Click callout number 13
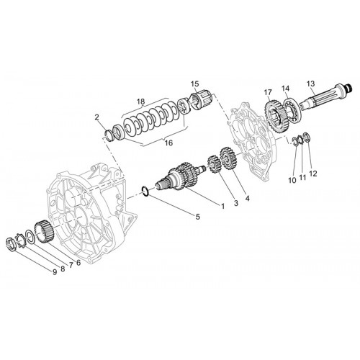[x=310, y=84]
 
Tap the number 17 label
[x=268, y=92]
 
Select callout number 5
[x=197, y=217]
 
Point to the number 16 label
[x=168, y=143]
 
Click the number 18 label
[x=141, y=102]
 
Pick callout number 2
[x=96, y=117]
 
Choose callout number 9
[x=55, y=272]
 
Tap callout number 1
[x=223, y=206]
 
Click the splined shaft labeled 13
[x=325, y=96]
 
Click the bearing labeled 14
[x=292, y=107]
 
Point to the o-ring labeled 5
[x=145, y=192]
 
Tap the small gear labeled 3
[x=214, y=164]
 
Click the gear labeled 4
[x=228, y=158]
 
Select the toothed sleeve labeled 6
[x=44, y=232]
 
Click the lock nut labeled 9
[x=10, y=243]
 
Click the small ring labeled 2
[x=109, y=135]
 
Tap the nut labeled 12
[x=307, y=136]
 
